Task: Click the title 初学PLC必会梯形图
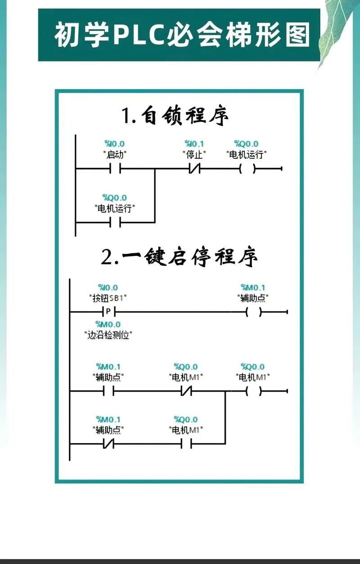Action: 182,36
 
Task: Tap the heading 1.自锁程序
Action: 176,116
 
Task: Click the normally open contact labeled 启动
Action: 115,169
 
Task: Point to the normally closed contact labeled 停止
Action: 194,169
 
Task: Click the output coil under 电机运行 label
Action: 247,169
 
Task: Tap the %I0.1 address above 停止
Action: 194,144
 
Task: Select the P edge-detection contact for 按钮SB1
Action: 109,311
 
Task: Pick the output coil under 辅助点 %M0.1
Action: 253,311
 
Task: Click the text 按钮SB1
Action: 108,298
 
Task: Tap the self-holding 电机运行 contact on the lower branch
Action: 115,222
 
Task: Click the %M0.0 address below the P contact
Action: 108,324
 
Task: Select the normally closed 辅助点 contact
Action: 108,444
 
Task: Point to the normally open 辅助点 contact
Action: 108,391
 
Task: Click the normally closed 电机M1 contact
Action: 186,391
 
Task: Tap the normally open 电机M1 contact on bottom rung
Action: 186,444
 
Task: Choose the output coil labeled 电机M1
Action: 253,391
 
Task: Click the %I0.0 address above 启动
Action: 115,144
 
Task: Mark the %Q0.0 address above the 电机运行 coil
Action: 247,144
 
